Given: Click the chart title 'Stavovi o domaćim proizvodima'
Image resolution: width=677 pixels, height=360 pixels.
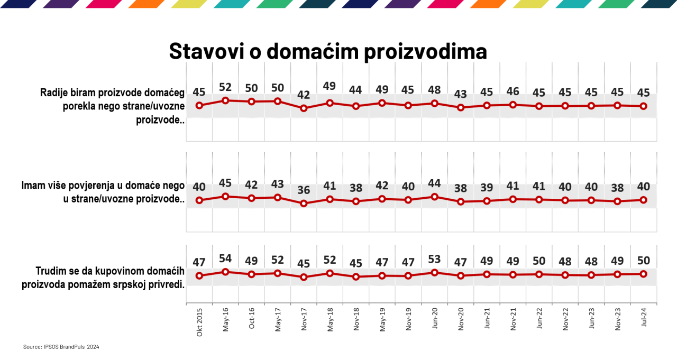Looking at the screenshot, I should click(x=327, y=51).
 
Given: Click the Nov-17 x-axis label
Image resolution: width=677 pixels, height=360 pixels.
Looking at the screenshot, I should click(x=304, y=320).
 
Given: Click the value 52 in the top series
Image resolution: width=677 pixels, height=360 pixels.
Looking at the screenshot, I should click(x=226, y=87).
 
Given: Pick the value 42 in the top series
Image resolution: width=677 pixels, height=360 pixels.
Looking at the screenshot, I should click(x=304, y=95).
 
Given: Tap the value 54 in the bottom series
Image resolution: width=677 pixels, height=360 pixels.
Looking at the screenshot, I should click(x=226, y=259).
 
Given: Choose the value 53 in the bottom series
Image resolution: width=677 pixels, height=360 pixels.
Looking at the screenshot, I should click(x=434, y=260).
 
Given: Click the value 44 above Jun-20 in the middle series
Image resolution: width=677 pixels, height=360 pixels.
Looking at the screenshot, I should click(x=434, y=183).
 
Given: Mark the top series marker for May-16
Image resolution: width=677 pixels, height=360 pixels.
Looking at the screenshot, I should click(x=226, y=100).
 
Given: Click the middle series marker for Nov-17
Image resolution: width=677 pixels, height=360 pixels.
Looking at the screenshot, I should click(x=304, y=203).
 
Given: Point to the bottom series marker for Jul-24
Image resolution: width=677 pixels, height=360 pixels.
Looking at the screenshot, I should click(x=644, y=274).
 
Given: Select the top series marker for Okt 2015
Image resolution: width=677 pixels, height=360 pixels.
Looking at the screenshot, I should click(x=199, y=105).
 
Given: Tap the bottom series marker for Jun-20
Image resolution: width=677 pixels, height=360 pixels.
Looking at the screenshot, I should click(x=434, y=273).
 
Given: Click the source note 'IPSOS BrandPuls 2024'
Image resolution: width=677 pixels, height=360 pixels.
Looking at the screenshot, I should click(x=61, y=347).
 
